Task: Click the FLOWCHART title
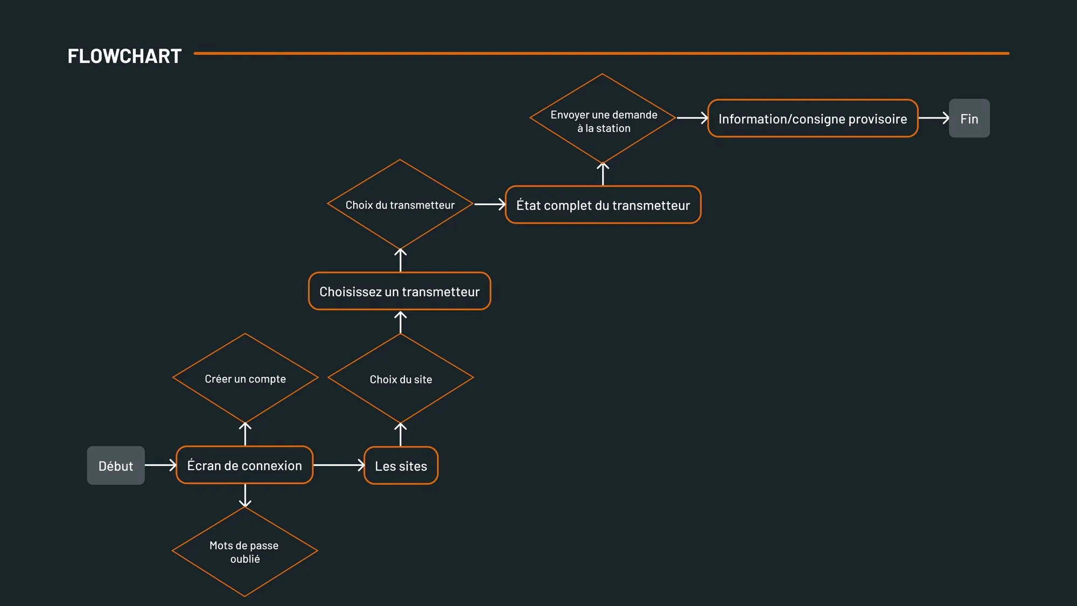124,56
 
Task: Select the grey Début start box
116,465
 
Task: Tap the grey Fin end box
969,118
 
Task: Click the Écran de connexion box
244,465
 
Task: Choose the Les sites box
401,465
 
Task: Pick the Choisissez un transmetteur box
400,291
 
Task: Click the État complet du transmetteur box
603,205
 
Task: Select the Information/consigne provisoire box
813,118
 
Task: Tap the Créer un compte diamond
245,378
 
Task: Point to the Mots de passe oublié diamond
245,552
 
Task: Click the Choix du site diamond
401,378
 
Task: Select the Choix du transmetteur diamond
400,204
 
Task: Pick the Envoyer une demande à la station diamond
603,118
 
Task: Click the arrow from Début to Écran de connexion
161,465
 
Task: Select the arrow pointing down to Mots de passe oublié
245,496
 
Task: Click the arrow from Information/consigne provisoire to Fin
934,117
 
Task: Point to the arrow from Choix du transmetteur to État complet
490,204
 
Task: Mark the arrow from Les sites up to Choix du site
400,435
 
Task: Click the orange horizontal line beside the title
602,53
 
